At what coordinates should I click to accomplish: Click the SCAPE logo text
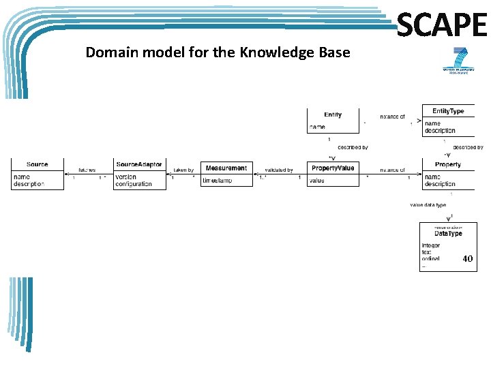coord(441,26)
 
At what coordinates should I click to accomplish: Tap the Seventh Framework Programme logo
coord(455,61)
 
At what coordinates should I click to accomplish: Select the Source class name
coord(38,164)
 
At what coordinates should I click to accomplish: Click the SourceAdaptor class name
coord(139,164)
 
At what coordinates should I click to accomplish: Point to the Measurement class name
coord(226,168)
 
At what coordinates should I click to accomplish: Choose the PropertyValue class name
coord(333,168)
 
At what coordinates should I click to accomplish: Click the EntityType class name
coord(448,111)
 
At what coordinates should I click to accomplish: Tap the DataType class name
coord(448,233)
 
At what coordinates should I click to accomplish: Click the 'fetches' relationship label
coord(87,170)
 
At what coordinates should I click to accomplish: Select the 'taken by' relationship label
coord(183,170)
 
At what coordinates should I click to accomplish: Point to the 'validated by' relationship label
coord(278,170)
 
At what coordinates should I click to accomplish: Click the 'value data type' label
coord(428,204)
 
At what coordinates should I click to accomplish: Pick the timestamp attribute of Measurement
coord(218,180)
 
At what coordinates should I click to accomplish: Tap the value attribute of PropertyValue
coord(316,181)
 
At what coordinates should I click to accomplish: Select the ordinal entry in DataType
coord(431,258)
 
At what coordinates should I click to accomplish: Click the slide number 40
coord(467,259)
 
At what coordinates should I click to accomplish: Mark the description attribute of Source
coord(29,184)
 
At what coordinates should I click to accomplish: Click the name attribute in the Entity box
coord(317,127)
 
